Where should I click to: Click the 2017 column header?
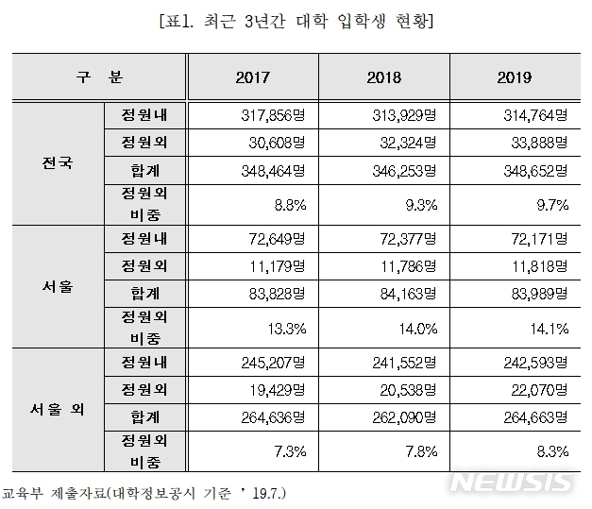tap(252, 77)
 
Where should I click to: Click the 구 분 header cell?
tap(100, 77)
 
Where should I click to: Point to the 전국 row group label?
tap(58, 162)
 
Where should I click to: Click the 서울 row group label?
tap(58, 286)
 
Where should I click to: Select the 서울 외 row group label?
tap(58, 410)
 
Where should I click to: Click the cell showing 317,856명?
tap(273, 117)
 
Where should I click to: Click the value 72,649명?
tap(276, 240)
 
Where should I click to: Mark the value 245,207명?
tap(273, 362)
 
